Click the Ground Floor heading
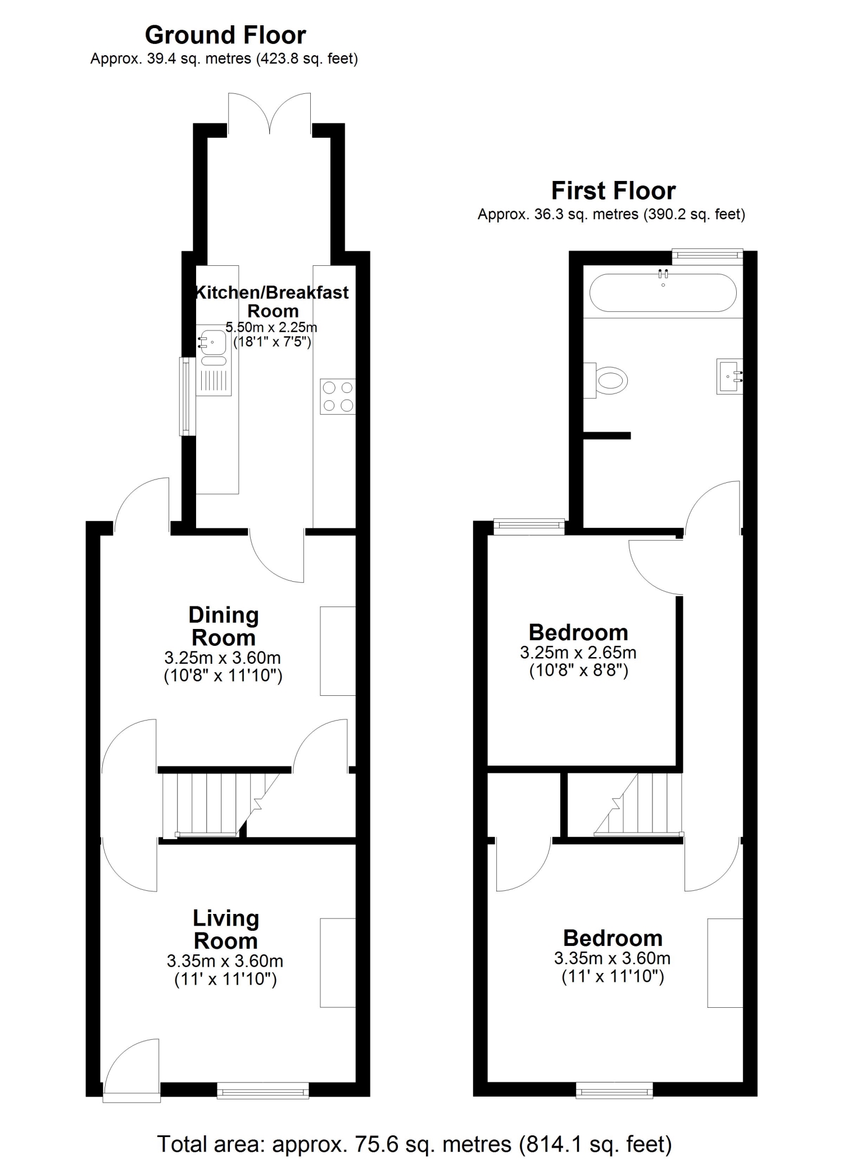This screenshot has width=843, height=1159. pos(225,35)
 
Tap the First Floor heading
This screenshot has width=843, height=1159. pos(613,191)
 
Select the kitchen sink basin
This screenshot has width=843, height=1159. pos(214,341)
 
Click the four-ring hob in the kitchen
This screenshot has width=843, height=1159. pos(338,396)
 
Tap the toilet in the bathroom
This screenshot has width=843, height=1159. pos(606,381)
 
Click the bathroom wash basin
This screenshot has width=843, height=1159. pos(730,376)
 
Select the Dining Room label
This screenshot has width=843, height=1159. pos(224,626)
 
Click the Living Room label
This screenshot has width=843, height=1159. pos(225,929)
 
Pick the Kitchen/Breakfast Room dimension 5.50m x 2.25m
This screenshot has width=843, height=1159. pos(271,327)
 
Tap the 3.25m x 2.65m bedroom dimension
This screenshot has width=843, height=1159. pos(578,653)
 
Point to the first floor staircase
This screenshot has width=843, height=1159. pos(638,804)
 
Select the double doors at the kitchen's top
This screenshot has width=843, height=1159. pos(270,114)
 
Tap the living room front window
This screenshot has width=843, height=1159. pos(263,1090)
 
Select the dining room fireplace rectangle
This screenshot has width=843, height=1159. pos(338,651)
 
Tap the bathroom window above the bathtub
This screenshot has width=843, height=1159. pos(708,256)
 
